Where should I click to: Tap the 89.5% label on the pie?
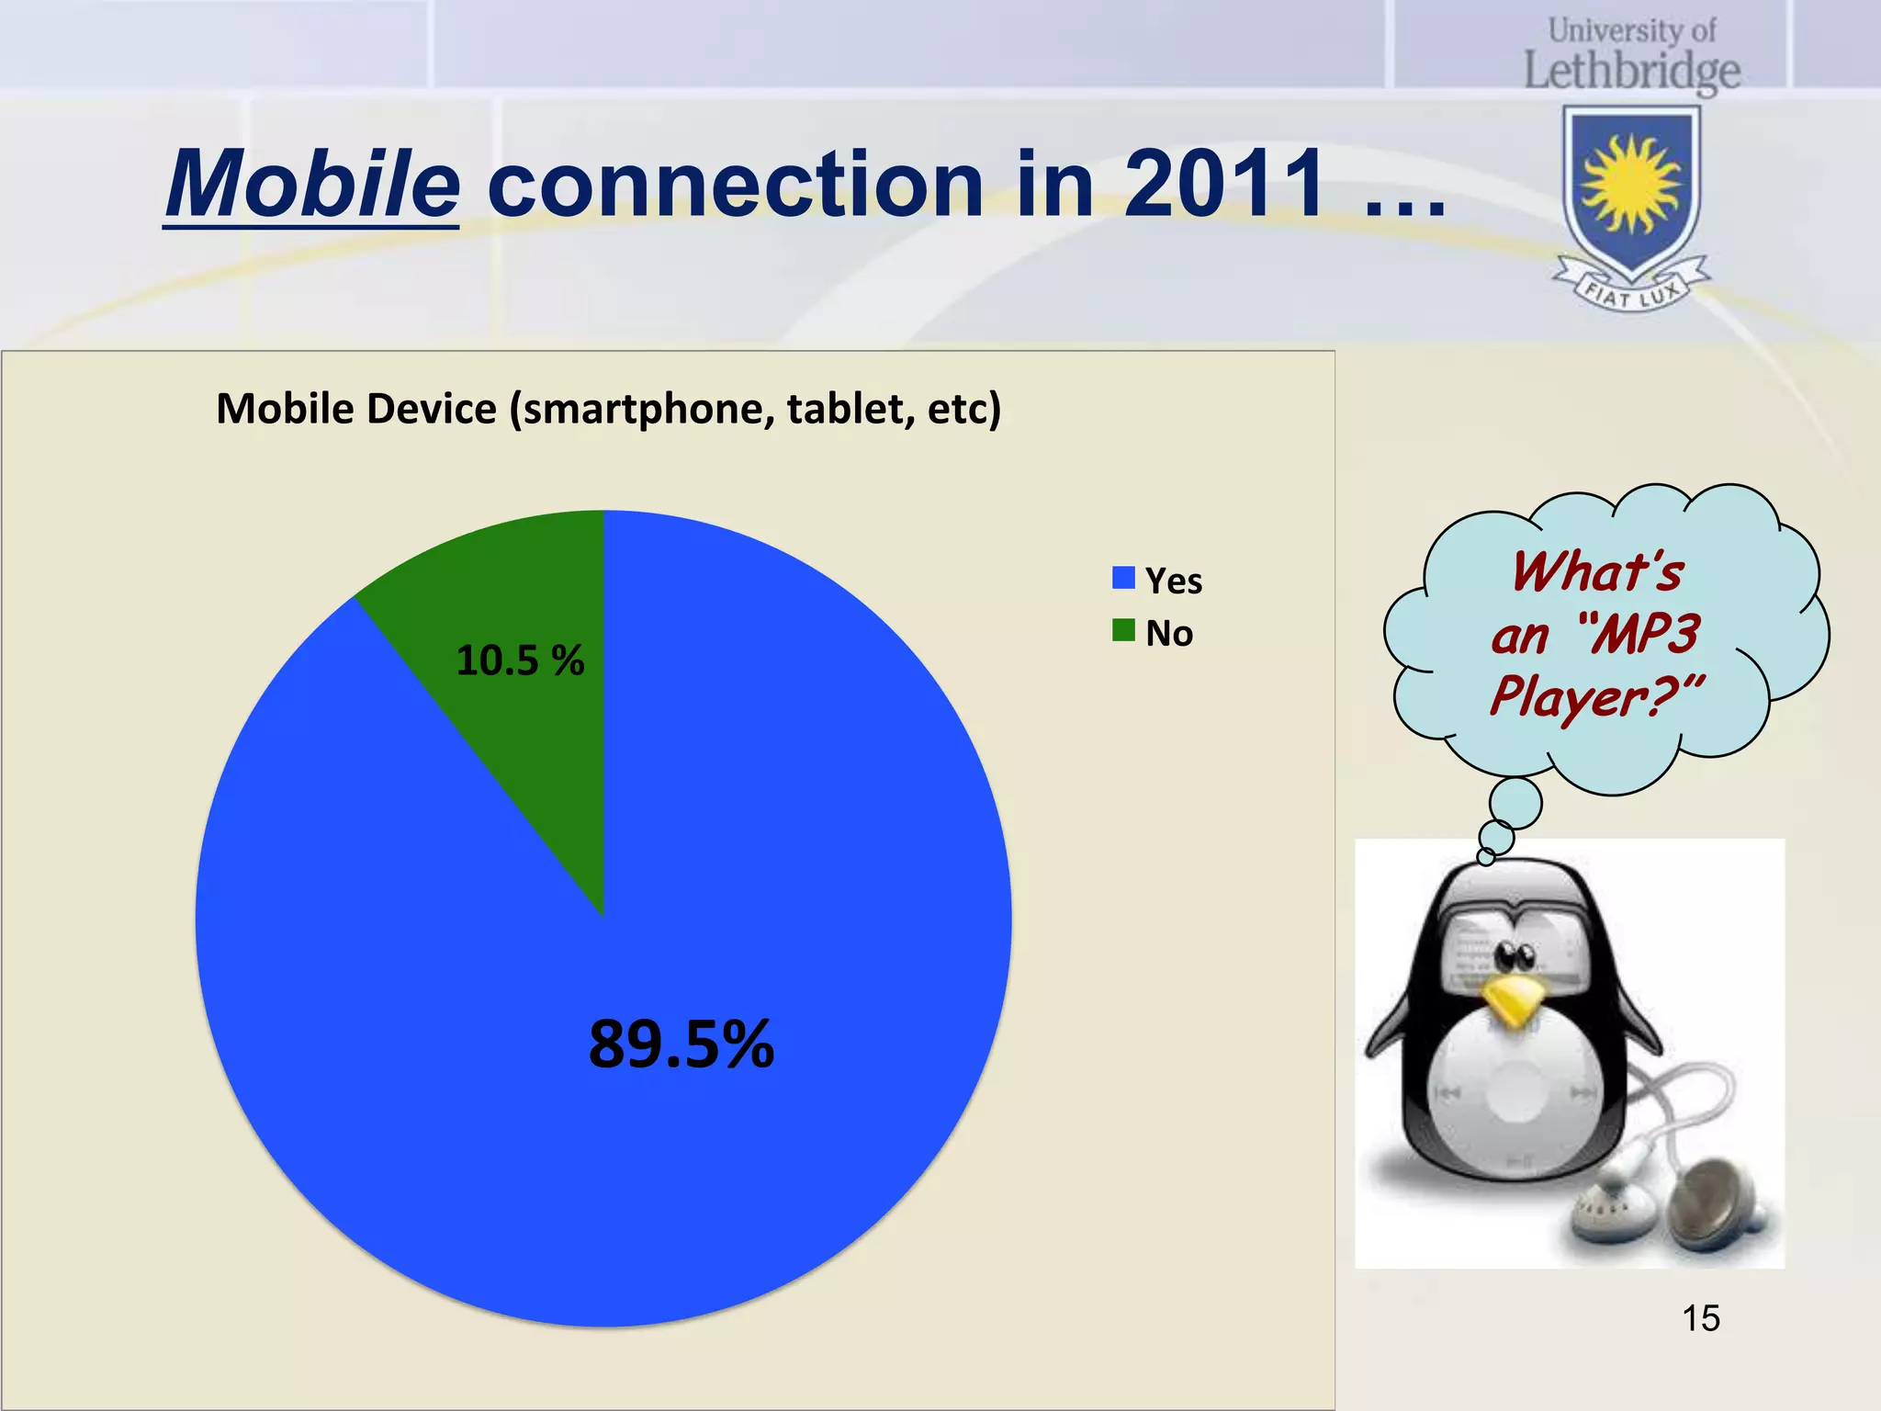point(681,1044)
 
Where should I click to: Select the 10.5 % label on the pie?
point(520,660)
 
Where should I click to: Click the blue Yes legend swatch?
point(1123,578)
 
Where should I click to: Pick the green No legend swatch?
point(1123,630)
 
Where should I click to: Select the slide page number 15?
point(1700,1318)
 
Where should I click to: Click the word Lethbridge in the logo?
point(1632,72)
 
